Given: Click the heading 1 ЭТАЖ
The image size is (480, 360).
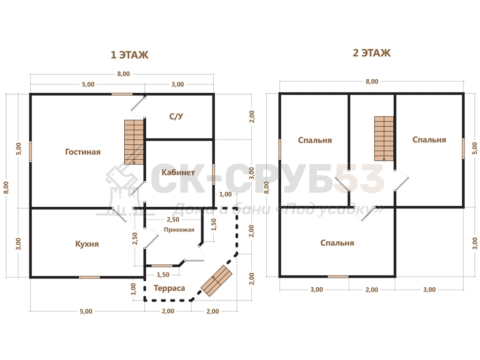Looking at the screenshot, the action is tap(129, 55).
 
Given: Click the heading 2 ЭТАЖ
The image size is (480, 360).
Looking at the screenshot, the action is tap(372, 53).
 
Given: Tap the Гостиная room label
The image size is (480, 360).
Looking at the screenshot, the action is tap(83, 152).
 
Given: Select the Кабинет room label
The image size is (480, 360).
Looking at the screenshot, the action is tap(178, 172).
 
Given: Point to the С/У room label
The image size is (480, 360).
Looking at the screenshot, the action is tap(176, 116).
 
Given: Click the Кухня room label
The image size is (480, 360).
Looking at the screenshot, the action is tap(87, 244).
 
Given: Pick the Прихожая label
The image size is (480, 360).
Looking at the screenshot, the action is tap(179, 230).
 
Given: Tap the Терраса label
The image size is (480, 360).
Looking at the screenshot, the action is tap(169, 288).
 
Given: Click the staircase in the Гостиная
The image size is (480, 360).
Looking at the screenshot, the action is tap(134, 142).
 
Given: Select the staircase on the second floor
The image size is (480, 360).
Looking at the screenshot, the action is tap(384, 138).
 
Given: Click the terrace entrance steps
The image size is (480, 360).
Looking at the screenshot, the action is tap(217, 281).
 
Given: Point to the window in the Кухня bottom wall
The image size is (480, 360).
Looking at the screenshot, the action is tap(90, 277).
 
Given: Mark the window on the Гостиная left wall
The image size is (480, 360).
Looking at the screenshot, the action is tap(30, 152).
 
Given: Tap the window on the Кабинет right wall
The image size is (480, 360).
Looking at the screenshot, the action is tap(213, 174).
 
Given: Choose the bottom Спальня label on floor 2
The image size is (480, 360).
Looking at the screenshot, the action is tap(337, 243).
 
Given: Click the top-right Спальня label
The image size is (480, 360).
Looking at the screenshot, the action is tap(429, 140).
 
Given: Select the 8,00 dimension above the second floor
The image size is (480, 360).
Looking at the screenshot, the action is tap(372, 82).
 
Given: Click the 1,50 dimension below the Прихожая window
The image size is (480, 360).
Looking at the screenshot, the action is tap(163, 275).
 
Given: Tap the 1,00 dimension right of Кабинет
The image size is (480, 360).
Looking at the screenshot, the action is tap(225, 194).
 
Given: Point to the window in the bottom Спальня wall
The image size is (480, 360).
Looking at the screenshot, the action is tap(338, 277).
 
